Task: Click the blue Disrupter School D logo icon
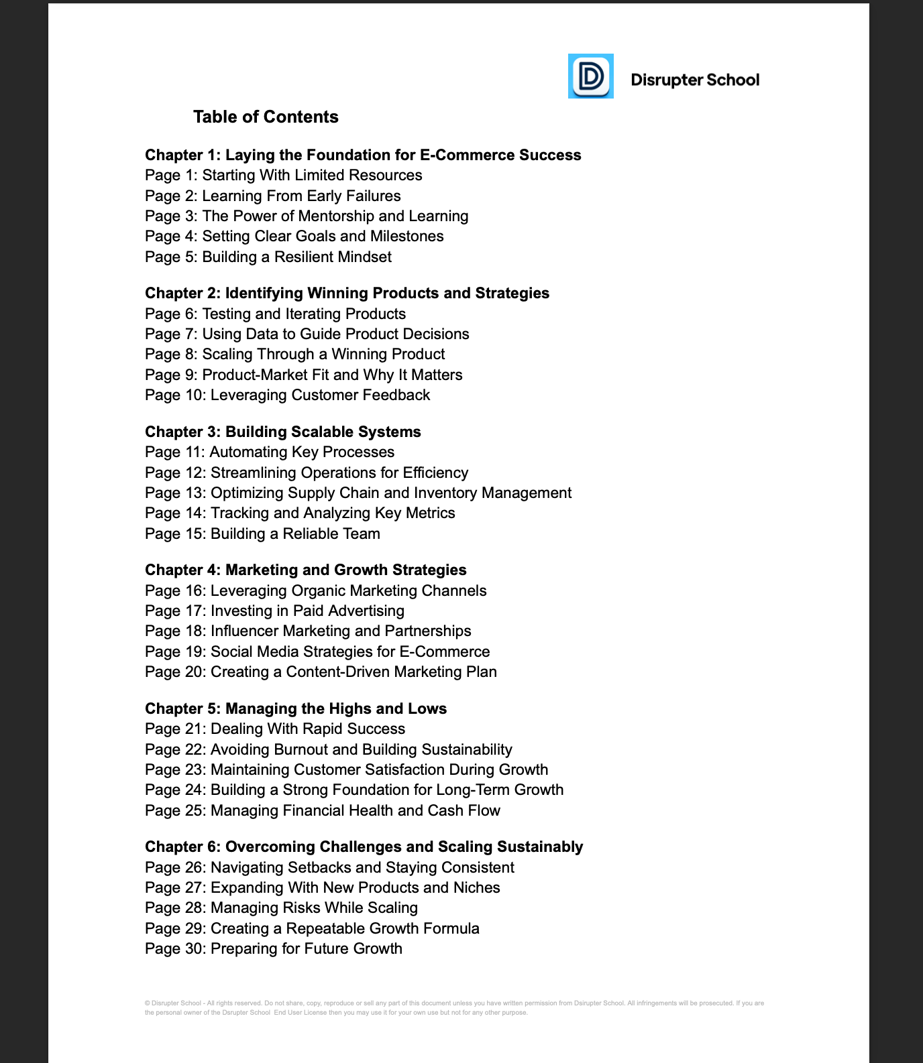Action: (x=590, y=76)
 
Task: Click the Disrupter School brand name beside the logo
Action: (x=695, y=80)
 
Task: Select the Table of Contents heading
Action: (x=266, y=117)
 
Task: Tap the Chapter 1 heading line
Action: (x=363, y=155)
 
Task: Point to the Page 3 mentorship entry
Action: (x=307, y=216)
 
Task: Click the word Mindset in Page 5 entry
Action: (x=366, y=257)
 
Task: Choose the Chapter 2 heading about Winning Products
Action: (x=347, y=293)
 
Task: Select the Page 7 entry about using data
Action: (x=307, y=334)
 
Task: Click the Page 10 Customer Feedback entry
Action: (x=287, y=395)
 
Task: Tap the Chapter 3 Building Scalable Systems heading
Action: (x=283, y=432)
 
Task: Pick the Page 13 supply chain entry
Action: (x=358, y=493)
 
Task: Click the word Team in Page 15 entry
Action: (x=361, y=534)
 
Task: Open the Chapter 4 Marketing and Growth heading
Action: (x=305, y=570)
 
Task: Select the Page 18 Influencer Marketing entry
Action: (x=308, y=631)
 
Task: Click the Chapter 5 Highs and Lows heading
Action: (x=296, y=708)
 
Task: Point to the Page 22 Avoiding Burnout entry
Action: (x=328, y=749)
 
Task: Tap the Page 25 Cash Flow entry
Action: (x=323, y=810)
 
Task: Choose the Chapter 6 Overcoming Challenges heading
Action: (x=364, y=847)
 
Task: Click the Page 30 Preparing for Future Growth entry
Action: (x=274, y=948)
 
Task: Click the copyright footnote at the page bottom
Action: (x=454, y=1008)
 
